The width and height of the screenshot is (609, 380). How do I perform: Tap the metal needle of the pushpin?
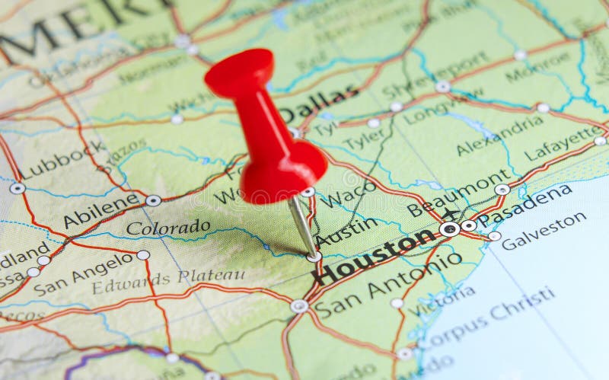click(303, 225)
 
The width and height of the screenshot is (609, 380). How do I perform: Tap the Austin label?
click(346, 231)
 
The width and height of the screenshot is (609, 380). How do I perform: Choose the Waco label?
click(348, 194)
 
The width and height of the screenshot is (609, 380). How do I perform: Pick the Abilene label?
click(102, 209)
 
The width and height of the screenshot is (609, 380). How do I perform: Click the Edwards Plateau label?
click(168, 281)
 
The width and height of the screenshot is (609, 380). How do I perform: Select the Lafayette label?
click(563, 142)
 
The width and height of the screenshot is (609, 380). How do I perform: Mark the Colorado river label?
click(168, 227)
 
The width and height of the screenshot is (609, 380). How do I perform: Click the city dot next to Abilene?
click(153, 200)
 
